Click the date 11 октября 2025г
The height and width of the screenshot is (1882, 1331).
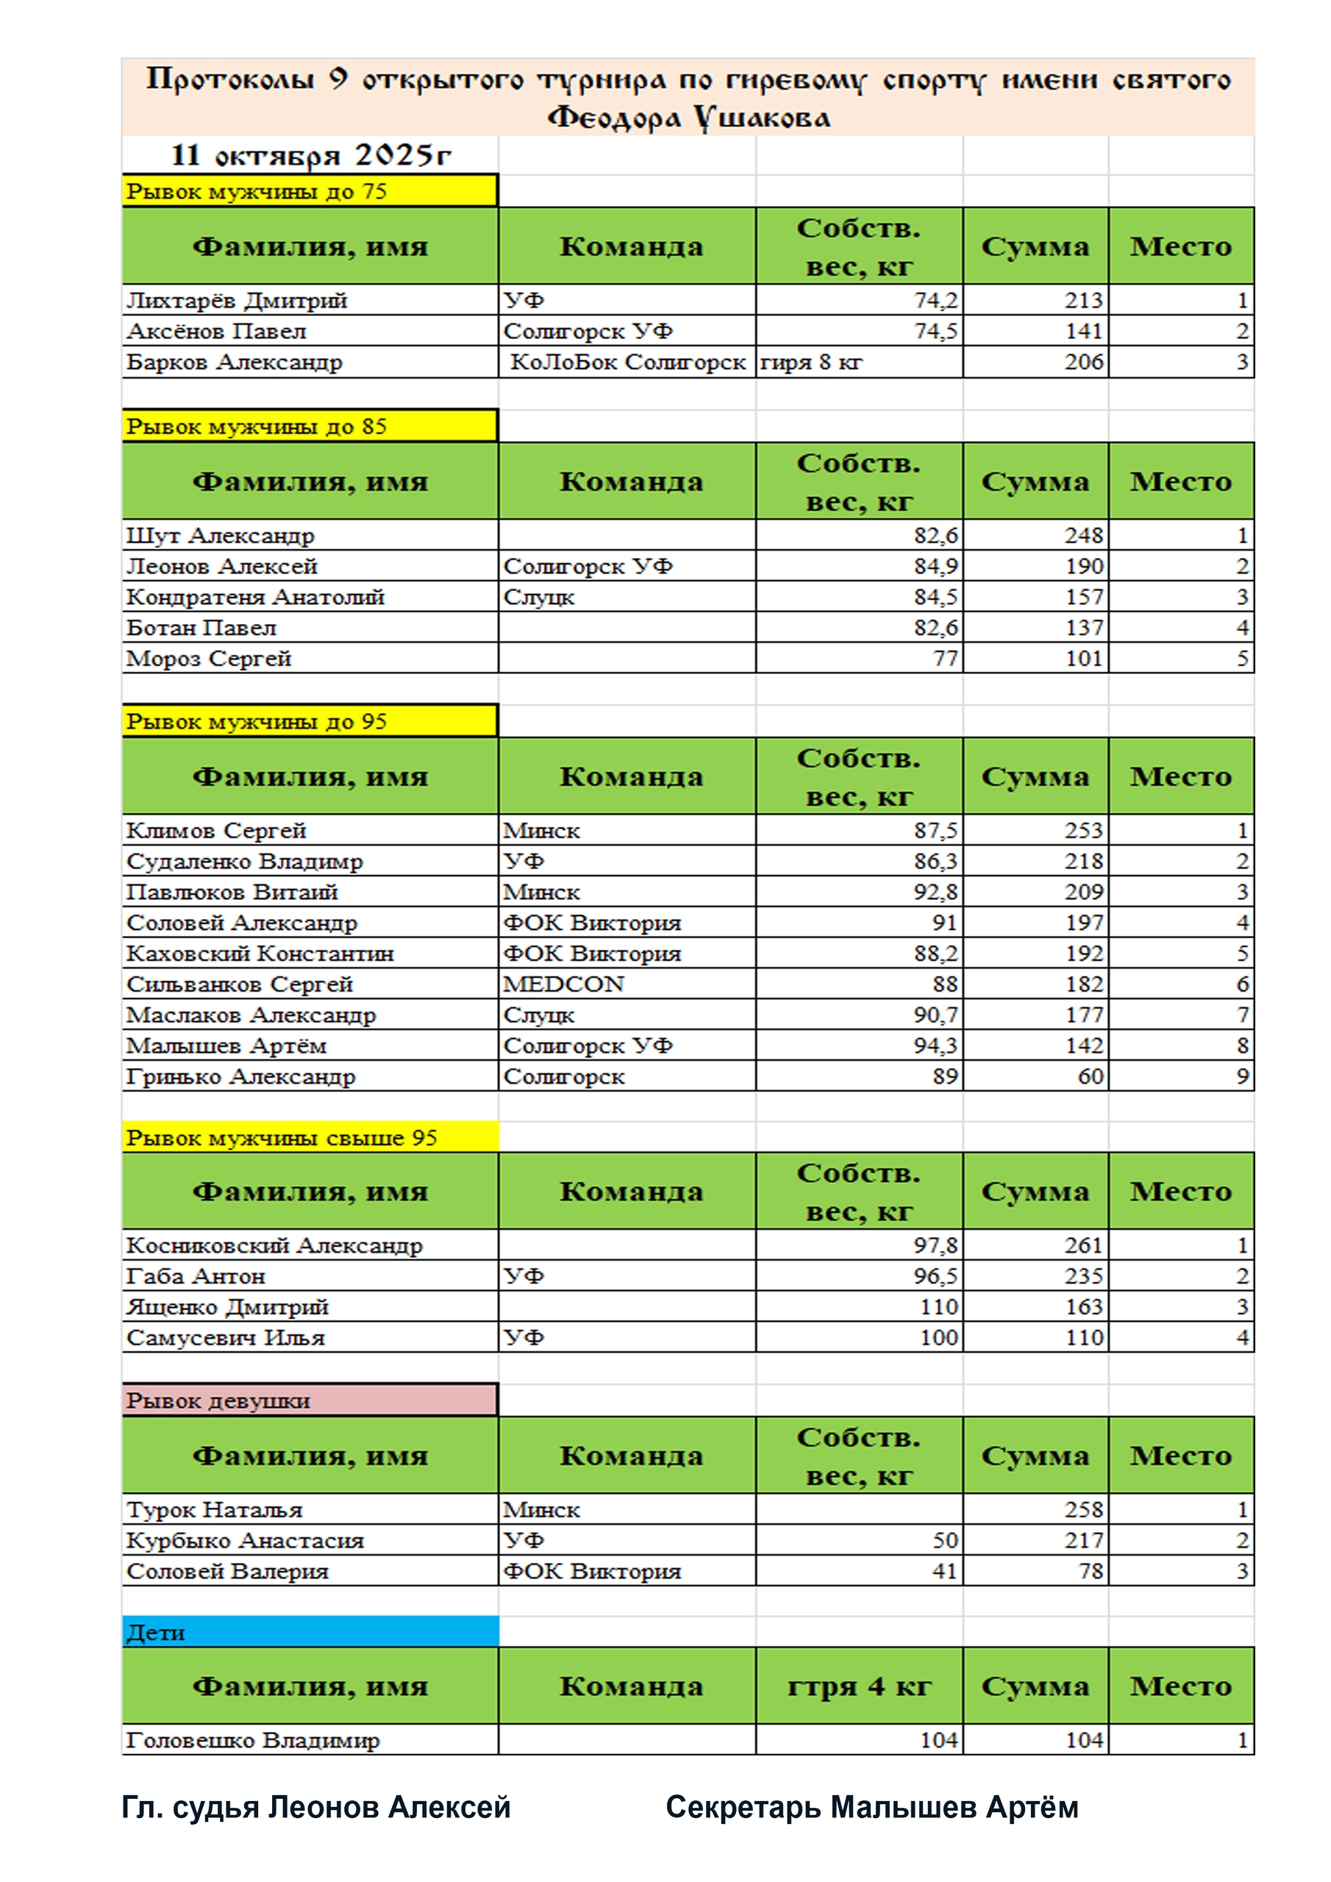tap(311, 155)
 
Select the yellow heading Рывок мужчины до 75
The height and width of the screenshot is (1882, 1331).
tap(256, 192)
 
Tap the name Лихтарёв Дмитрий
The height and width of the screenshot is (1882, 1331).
tap(236, 301)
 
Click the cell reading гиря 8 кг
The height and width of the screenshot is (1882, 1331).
tap(811, 362)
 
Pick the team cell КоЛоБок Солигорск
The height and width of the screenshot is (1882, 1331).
tap(627, 362)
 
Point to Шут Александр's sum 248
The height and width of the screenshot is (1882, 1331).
tap(1083, 536)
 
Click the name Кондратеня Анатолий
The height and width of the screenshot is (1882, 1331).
tap(255, 598)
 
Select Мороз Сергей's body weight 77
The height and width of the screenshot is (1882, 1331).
tap(945, 659)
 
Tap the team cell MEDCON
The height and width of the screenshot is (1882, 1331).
tap(563, 984)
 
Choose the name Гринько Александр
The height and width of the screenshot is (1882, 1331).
tap(240, 1077)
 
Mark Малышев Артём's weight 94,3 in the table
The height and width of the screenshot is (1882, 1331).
tap(935, 1046)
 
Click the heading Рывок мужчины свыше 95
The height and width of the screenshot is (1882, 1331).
tap(282, 1139)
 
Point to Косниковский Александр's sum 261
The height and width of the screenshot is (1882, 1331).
tap(1083, 1246)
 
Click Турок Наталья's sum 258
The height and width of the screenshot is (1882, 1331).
tap(1083, 1510)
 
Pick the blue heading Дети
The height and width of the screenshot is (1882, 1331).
tap(156, 1633)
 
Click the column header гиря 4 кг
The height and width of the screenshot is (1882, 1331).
tap(859, 1687)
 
